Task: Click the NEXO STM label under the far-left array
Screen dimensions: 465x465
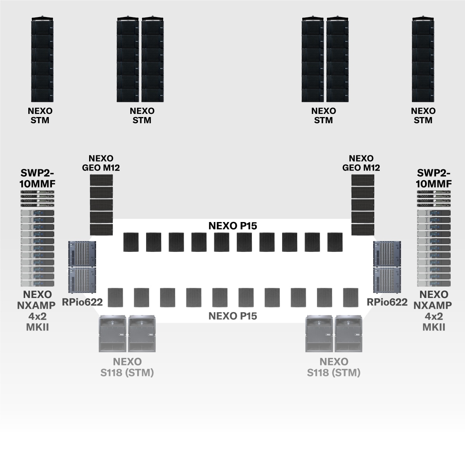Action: point(40,115)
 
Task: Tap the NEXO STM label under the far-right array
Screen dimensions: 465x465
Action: point(423,115)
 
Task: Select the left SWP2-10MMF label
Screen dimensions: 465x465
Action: point(37,178)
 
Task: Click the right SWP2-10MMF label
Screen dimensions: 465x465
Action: point(434,178)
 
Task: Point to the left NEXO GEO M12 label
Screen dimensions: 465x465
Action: point(101,163)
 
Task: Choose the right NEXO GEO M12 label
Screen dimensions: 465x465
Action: point(361,163)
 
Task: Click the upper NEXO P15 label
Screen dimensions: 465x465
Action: point(232,226)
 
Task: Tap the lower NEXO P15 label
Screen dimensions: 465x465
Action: point(232,316)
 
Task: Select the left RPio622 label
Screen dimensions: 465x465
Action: point(82,302)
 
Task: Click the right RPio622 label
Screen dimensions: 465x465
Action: point(387,302)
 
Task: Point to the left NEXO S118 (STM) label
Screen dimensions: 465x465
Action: point(127,367)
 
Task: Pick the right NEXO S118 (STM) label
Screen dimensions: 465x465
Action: point(334,367)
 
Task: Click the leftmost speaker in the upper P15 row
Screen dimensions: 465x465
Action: point(131,242)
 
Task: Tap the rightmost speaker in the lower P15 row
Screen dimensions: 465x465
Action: point(351,297)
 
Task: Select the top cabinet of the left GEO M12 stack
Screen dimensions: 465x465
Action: point(102,180)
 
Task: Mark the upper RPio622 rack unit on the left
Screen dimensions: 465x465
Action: point(82,253)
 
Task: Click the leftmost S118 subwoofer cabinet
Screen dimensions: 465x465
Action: point(113,334)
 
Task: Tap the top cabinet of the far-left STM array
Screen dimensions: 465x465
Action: point(42,27)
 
